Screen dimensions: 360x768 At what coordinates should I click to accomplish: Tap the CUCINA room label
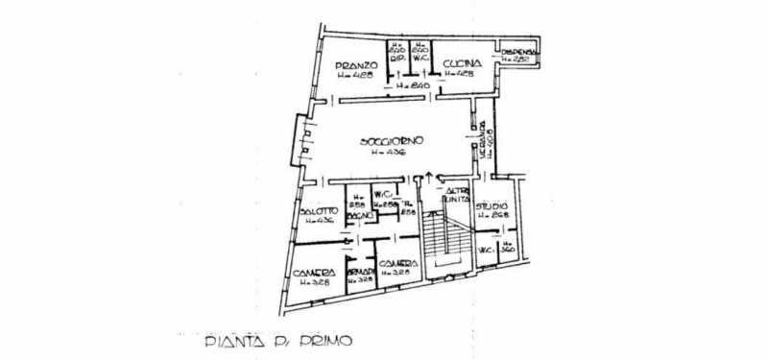(x=461, y=64)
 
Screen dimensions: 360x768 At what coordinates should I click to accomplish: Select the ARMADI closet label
(x=360, y=273)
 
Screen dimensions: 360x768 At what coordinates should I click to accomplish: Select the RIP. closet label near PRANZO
(x=396, y=57)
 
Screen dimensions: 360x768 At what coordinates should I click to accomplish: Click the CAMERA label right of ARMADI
(x=396, y=264)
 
